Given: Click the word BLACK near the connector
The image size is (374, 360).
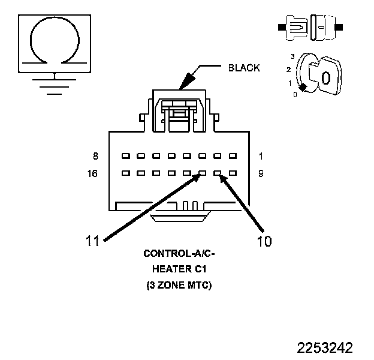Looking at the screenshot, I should [244, 68].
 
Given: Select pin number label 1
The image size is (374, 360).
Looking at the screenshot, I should [260, 157].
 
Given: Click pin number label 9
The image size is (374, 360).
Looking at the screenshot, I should [260, 175].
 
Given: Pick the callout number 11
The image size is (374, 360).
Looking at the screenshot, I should [92, 241].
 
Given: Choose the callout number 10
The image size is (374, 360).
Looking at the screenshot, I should [264, 241].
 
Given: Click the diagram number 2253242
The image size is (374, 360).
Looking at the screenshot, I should [325, 348].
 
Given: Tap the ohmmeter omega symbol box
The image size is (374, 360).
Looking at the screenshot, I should [55, 41].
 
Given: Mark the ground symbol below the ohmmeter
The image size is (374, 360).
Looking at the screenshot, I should [55, 85].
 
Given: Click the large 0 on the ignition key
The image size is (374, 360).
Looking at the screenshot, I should [325, 77].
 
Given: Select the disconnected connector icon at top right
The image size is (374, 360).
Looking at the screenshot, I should [311, 28].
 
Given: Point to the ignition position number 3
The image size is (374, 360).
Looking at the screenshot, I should [292, 56].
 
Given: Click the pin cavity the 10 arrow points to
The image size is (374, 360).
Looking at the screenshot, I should [218, 174].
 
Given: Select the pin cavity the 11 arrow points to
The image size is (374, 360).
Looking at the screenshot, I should [203, 174].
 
